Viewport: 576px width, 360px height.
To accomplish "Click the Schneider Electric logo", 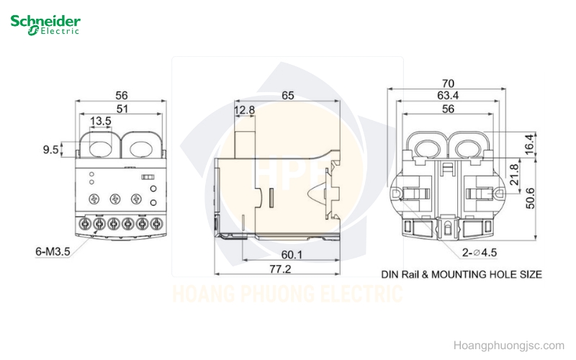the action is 45,25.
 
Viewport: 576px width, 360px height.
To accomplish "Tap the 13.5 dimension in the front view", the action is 100,121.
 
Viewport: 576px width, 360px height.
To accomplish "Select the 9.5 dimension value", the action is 50,150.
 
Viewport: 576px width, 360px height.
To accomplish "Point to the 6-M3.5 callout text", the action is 53,251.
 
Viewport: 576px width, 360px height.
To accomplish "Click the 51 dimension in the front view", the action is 122,109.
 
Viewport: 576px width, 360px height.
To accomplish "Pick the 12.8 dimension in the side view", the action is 244,110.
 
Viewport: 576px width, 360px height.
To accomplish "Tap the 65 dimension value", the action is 287,96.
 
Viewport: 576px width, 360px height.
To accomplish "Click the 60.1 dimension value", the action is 292,255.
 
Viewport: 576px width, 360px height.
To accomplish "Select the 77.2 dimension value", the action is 280,269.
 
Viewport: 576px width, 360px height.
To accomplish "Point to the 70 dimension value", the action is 448,84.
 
